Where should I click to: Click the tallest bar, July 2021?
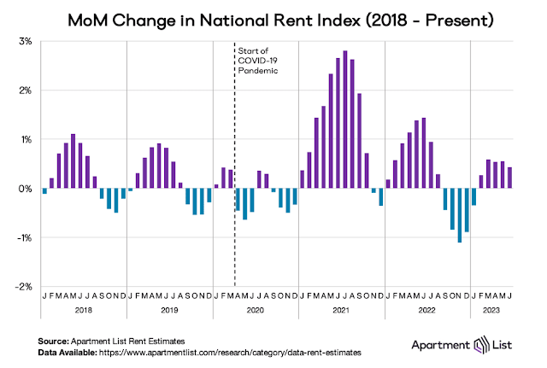345,120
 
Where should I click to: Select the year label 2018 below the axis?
84,310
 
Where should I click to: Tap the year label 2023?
493,310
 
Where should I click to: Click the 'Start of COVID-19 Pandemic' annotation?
257,61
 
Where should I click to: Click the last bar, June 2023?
509,178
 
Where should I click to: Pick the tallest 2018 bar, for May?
73,161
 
